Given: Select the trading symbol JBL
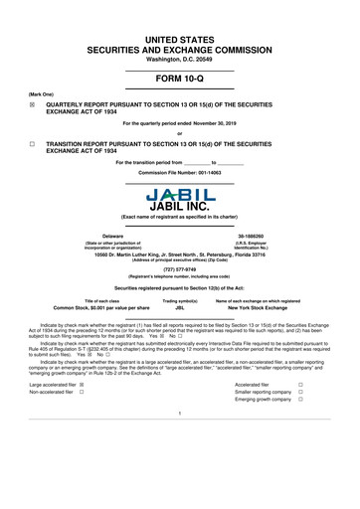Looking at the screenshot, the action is click(x=180, y=308).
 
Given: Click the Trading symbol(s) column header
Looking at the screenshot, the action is click(x=180, y=299).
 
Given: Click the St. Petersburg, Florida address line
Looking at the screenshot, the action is click(x=180, y=252).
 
